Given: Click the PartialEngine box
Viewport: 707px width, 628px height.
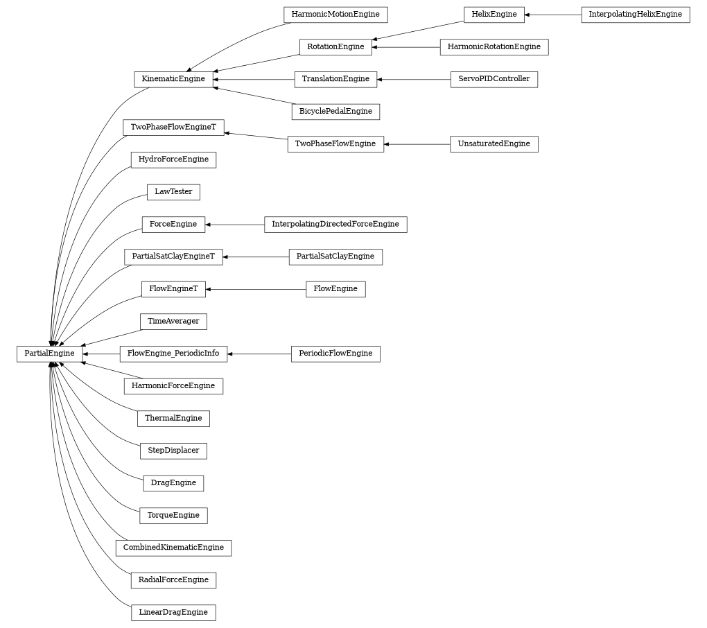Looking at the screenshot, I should (x=49, y=354).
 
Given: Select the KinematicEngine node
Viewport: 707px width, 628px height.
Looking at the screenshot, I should (x=173, y=79).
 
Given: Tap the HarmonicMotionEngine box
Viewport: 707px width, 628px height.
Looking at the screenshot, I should (x=335, y=15).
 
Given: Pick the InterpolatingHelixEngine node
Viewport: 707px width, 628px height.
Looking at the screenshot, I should (x=635, y=15).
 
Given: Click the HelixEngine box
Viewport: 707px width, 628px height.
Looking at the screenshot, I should (x=494, y=15).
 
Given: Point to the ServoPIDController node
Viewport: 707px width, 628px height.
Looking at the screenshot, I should (x=494, y=79).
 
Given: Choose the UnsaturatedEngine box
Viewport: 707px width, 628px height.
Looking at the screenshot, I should (x=494, y=144).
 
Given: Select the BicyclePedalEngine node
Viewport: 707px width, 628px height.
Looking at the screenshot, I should (x=335, y=112).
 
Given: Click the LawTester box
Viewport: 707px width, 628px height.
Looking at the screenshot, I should (x=173, y=192).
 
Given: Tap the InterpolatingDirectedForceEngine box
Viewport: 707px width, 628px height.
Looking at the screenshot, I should (x=335, y=225).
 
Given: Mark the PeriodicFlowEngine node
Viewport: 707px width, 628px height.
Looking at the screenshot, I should (x=335, y=354).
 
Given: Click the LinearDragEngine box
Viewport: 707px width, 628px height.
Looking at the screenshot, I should (x=173, y=613).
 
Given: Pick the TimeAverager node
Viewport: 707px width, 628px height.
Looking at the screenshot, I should (x=173, y=322).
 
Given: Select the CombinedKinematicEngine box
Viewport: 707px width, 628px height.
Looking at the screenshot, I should (x=173, y=548).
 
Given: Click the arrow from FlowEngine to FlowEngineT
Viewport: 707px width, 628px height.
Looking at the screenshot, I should (x=256, y=289).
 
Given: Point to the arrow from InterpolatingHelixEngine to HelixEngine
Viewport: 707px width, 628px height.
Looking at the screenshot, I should (x=553, y=15).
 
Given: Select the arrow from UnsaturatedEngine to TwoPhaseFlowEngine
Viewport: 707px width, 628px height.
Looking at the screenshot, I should (x=417, y=144).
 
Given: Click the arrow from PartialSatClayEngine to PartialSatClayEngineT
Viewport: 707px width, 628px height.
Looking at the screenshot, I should (x=256, y=256).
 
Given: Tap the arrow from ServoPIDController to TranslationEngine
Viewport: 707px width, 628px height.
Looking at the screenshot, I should (x=414, y=79).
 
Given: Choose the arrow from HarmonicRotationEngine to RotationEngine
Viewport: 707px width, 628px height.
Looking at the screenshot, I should (x=406, y=47).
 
